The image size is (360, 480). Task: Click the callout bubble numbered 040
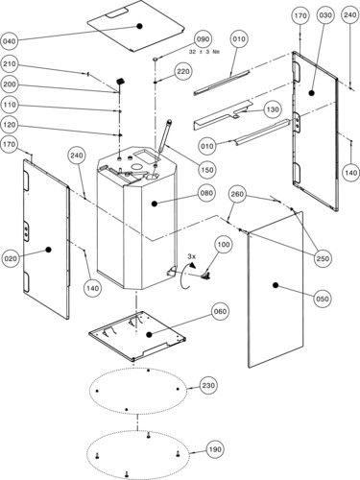(10, 41)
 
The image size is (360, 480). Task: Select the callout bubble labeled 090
(204, 39)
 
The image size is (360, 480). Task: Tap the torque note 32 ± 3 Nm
(205, 52)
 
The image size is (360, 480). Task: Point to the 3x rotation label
(191, 256)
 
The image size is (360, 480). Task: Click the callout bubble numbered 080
(206, 193)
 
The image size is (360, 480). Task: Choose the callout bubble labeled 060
(220, 311)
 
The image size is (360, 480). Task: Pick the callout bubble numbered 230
(208, 385)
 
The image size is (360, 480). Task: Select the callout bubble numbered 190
(215, 449)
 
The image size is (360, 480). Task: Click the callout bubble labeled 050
(322, 299)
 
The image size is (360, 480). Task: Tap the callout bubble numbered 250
(323, 258)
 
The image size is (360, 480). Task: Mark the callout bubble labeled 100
(224, 245)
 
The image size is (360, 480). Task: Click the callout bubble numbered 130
(273, 109)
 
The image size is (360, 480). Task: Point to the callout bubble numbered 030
(325, 15)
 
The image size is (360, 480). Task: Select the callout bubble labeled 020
(11, 258)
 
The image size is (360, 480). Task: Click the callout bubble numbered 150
(207, 170)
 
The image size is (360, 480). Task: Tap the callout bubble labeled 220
(183, 71)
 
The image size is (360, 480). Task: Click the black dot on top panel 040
(139, 26)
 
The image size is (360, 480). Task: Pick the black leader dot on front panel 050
(275, 285)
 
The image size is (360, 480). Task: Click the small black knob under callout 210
(121, 81)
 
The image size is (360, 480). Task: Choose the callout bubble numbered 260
(237, 194)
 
